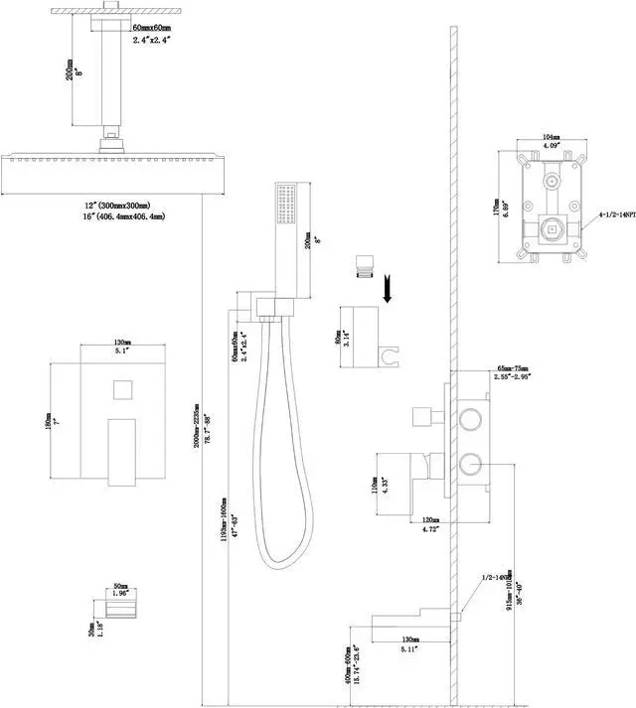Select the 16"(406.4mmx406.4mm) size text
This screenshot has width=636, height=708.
124,216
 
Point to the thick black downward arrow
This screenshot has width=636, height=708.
388,288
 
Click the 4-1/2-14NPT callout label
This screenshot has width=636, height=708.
618,213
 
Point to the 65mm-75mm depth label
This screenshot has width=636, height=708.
513,368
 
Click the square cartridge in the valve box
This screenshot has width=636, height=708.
546,231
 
